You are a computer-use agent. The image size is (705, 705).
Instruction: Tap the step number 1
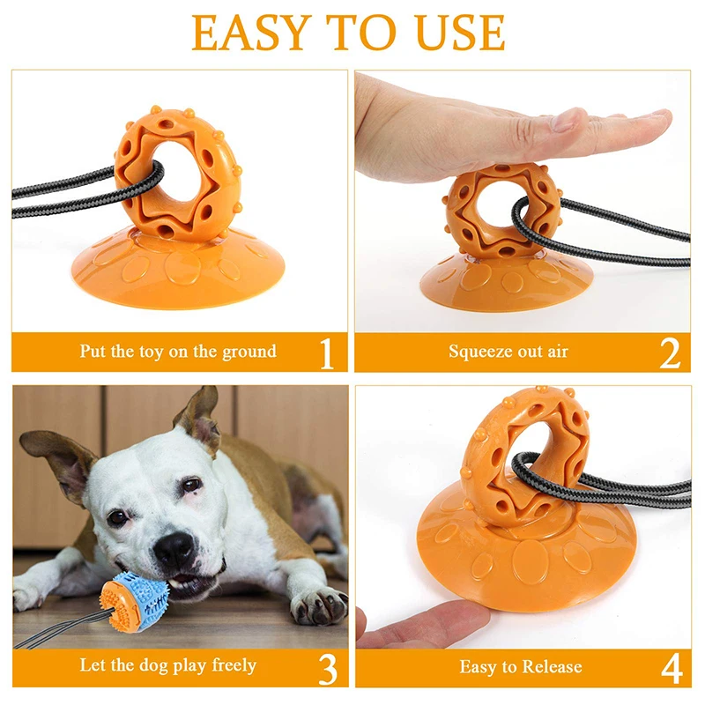click(x=327, y=352)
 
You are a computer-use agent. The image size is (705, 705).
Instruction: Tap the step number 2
click(x=670, y=352)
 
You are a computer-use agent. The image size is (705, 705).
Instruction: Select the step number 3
click(x=327, y=669)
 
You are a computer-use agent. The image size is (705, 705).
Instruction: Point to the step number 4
click(x=671, y=669)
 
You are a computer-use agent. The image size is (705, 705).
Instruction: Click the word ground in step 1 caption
click(x=246, y=352)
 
